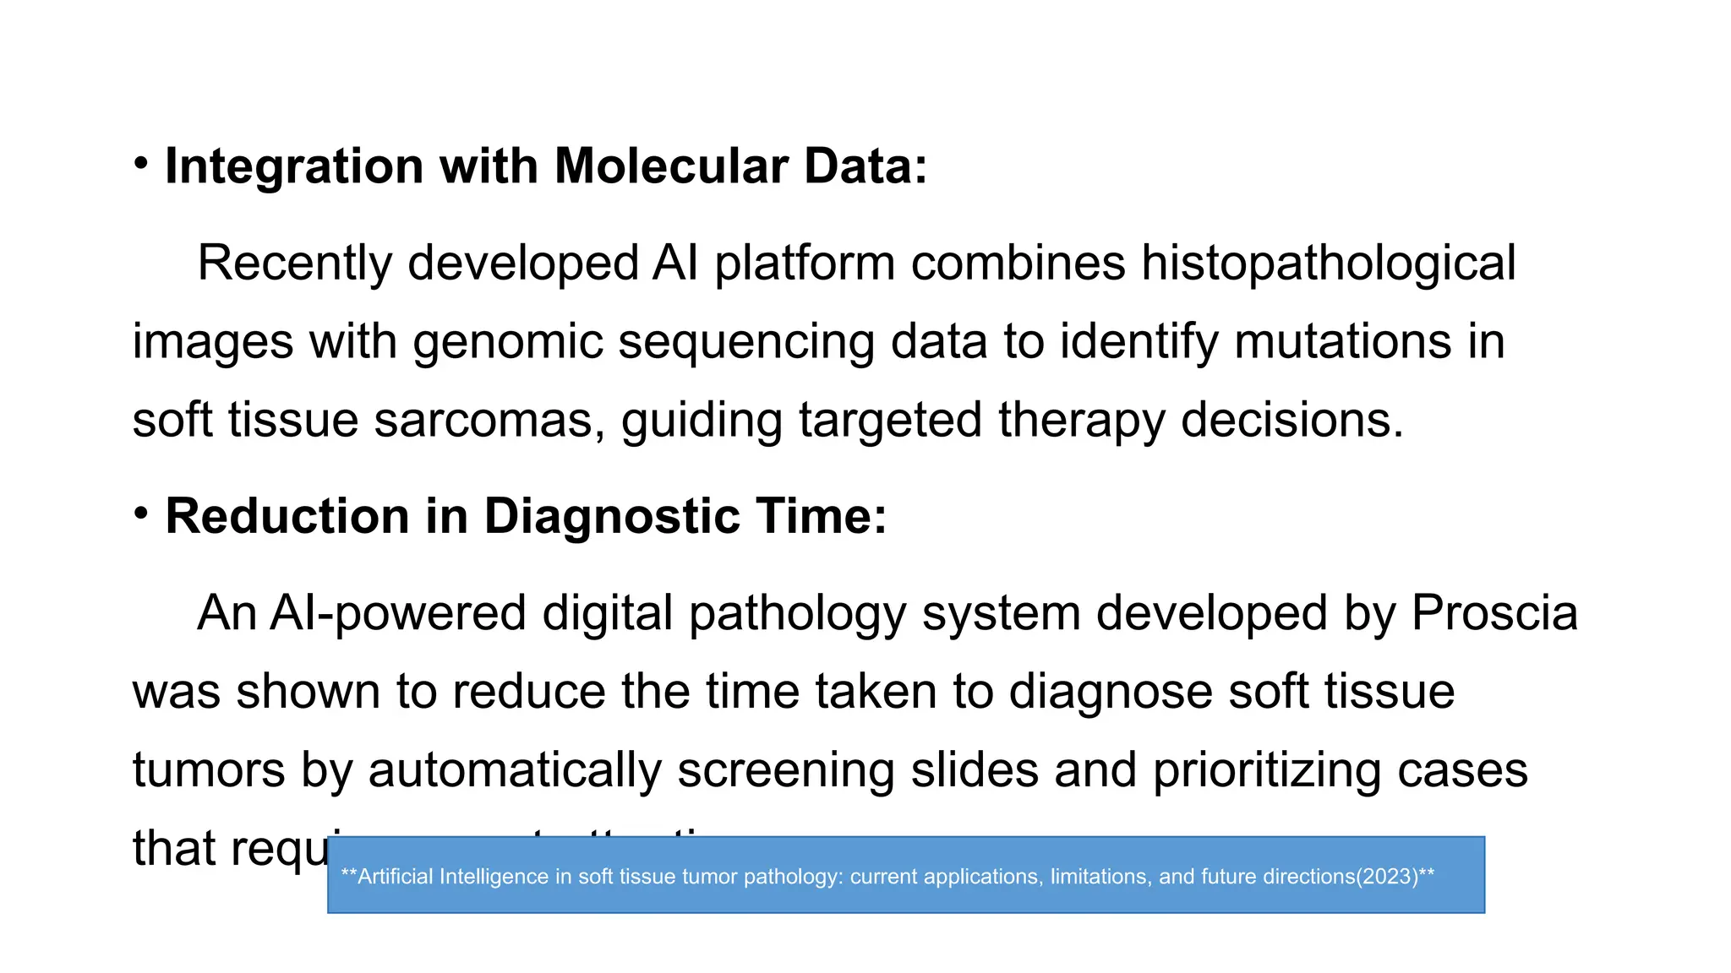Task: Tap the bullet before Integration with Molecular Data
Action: (x=141, y=162)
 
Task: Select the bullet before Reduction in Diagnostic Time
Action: (x=141, y=513)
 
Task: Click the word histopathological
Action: (x=1328, y=263)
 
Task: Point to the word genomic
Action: (x=507, y=342)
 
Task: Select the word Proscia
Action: (x=1494, y=612)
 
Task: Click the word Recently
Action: (x=294, y=263)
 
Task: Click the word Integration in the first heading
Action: (x=293, y=166)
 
